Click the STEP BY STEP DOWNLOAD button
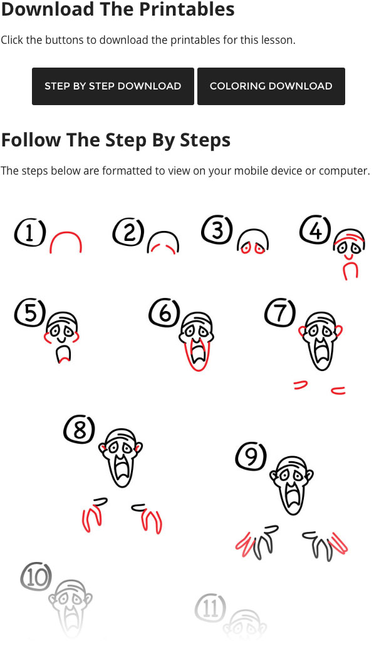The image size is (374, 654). point(113,86)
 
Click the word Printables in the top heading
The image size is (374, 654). point(186,9)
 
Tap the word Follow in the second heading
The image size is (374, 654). point(31,140)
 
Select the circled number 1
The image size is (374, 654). point(29,233)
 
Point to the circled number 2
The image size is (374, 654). point(128,232)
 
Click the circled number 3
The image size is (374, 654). point(217,230)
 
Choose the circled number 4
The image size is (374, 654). point(316,230)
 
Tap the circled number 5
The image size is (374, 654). point(30,312)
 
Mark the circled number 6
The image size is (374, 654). point(165,312)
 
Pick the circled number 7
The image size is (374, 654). point(280,312)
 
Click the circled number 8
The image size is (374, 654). point(80,429)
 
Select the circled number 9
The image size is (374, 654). point(251,456)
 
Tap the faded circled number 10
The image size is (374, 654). point(36,577)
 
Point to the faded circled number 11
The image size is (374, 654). point(210,608)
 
